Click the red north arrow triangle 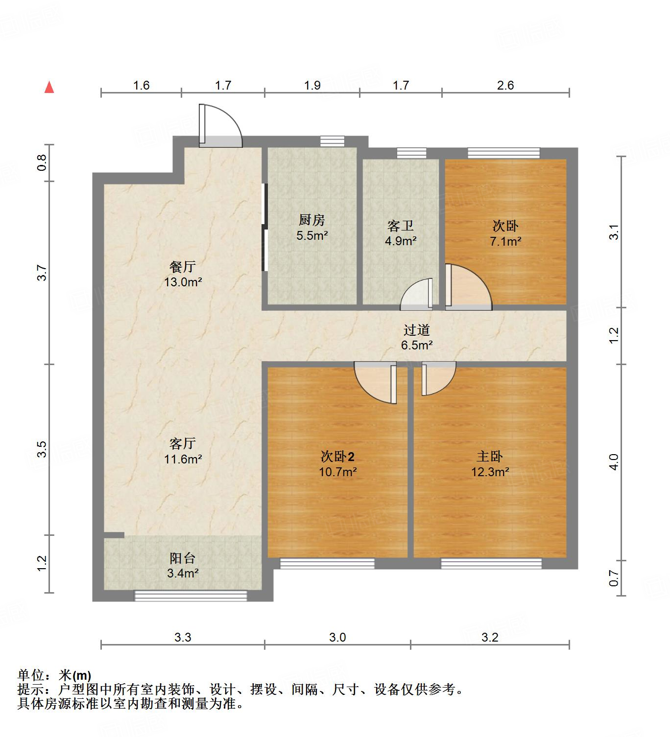(x=49, y=87)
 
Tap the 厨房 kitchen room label (x=312, y=220)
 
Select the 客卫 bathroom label (x=401, y=226)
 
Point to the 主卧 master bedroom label (x=490, y=457)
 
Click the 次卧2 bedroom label (x=337, y=457)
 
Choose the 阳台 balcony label (x=183, y=558)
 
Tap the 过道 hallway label (x=416, y=330)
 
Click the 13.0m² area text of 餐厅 (x=183, y=282)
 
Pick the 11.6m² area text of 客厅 (x=183, y=459)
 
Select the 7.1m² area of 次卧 (x=505, y=241)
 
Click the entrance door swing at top (x=220, y=126)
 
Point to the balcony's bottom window (x=191, y=596)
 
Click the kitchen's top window (x=332, y=141)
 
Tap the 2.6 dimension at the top (x=505, y=85)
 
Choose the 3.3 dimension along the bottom (x=183, y=637)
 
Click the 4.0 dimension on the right (x=614, y=461)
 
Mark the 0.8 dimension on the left (x=42, y=162)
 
